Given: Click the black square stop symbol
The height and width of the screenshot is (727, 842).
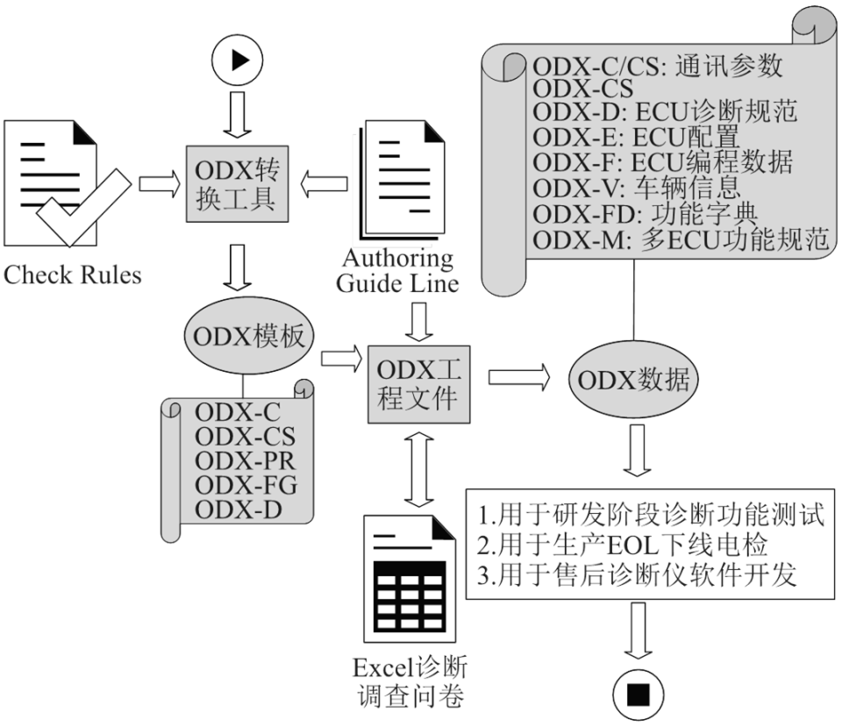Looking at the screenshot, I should [x=639, y=695].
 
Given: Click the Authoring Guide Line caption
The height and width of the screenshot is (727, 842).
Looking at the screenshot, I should [x=399, y=271].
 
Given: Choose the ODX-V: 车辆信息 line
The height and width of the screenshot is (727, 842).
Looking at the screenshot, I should [x=636, y=187].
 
